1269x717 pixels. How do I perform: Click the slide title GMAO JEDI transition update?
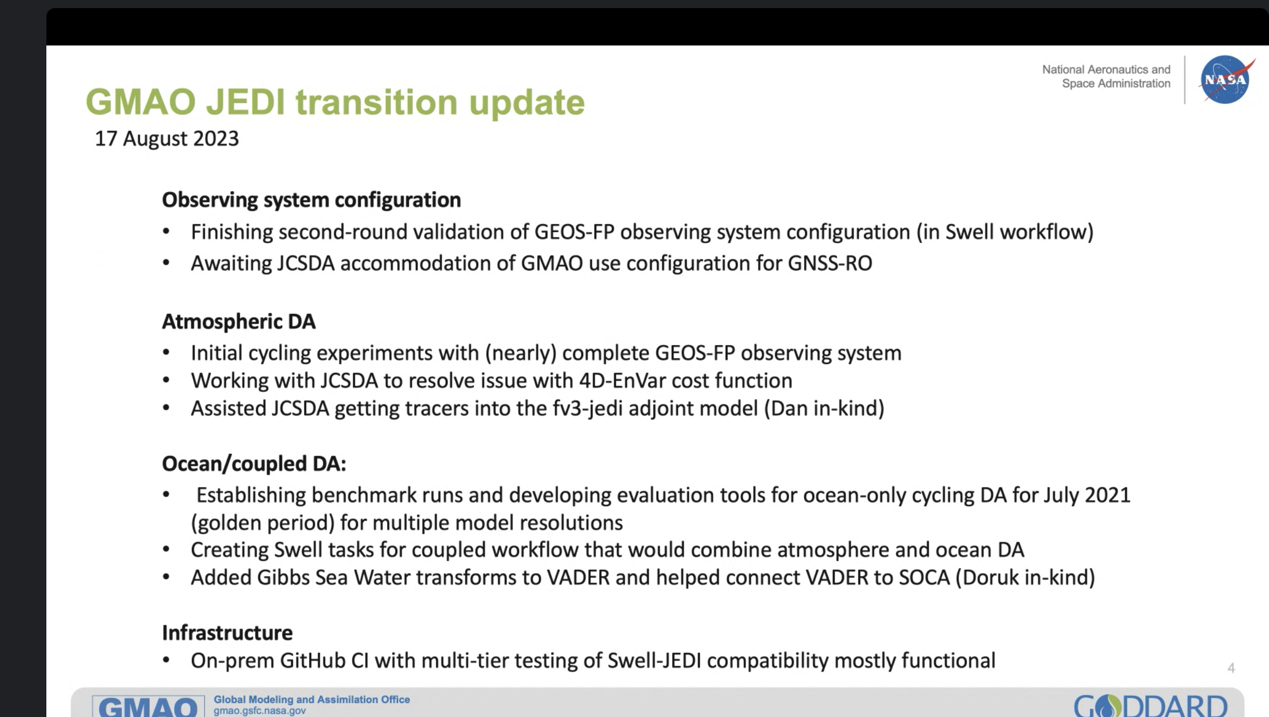click(335, 102)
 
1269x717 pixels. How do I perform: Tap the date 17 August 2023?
click(167, 139)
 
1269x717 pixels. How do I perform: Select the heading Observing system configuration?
click(312, 200)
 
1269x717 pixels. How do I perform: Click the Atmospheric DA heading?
click(239, 321)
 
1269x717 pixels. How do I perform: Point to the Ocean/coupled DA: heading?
click(254, 464)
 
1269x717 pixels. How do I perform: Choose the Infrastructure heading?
click(227, 632)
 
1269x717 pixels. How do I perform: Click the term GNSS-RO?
click(830, 263)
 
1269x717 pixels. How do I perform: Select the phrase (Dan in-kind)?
click(824, 409)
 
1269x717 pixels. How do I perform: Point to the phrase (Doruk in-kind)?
click(1025, 577)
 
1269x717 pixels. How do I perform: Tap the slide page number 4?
click(1231, 668)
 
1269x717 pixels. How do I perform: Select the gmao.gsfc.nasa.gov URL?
click(260, 711)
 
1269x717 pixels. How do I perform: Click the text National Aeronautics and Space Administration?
click(1106, 77)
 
